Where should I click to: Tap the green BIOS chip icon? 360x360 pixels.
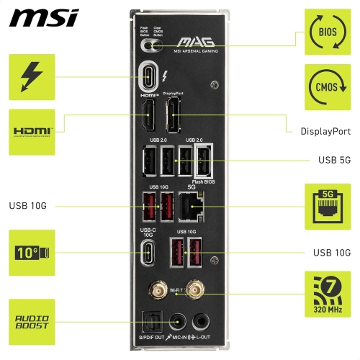(x=328, y=32)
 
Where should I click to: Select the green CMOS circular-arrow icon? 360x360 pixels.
(x=328, y=87)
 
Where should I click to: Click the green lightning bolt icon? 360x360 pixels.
(x=32, y=78)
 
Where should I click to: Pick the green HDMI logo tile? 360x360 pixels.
(x=32, y=132)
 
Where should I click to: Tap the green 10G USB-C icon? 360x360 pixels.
(x=32, y=253)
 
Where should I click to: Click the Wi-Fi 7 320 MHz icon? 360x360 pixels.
(x=328, y=294)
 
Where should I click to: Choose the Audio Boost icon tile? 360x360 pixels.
(x=32, y=322)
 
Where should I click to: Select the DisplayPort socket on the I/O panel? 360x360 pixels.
(x=174, y=115)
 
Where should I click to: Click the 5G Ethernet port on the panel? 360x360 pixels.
(x=190, y=206)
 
